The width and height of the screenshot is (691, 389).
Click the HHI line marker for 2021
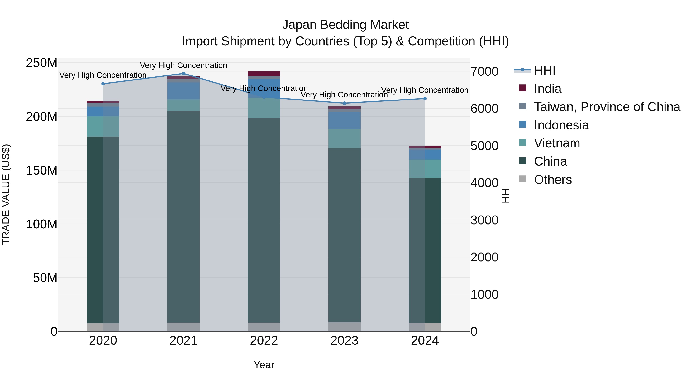[x=183, y=74]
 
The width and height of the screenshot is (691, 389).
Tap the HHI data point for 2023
[x=344, y=103]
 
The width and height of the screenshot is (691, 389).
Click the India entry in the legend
[x=547, y=89]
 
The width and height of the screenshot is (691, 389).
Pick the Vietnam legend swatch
[x=522, y=143]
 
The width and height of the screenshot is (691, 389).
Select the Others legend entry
[x=553, y=180]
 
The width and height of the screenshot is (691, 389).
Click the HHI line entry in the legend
[x=544, y=70]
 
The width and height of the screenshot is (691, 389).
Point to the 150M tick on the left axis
[x=42, y=170]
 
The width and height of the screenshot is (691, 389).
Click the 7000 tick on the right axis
[x=484, y=71]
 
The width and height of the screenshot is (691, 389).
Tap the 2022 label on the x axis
[x=264, y=341]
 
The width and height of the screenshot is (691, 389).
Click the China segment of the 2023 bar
[x=344, y=234]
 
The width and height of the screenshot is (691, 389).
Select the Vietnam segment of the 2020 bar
[x=103, y=126]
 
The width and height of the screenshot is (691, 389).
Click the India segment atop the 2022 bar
[x=264, y=74]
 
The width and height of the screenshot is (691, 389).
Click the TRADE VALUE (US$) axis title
[x=6, y=194]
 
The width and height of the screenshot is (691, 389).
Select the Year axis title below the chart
[x=264, y=365]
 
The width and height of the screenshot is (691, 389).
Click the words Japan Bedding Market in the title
[x=345, y=25]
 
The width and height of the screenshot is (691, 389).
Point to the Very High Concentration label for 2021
[x=183, y=65]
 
